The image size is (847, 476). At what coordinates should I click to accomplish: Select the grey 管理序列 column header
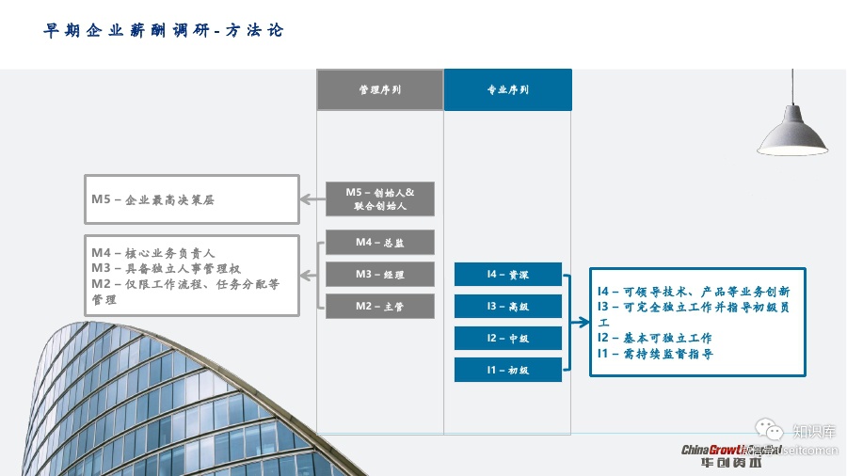point(379,90)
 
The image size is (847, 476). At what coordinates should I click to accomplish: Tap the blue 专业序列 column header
point(507,90)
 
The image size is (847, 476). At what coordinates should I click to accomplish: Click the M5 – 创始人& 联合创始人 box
point(379,198)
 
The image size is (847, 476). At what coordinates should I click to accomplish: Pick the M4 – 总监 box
point(379,243)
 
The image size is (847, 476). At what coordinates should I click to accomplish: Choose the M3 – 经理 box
point(379,275)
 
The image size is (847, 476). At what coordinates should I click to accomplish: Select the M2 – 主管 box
point(379,307)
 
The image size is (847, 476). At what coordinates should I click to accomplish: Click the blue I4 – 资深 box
point(507,275)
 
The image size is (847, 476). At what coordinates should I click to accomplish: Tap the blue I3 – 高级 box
point(507,307)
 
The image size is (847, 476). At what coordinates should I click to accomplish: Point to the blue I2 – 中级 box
point(507,339)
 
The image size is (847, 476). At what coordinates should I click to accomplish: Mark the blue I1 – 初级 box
point(507,371)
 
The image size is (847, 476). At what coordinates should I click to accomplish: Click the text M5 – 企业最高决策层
point(160,199)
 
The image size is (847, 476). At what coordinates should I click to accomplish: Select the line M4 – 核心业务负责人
point(153,253)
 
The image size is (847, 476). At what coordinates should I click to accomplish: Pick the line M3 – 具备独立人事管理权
point(167,269)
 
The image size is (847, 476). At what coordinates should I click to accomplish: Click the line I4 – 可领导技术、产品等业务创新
point(694,292)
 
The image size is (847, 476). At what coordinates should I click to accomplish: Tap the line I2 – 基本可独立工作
point(655,338)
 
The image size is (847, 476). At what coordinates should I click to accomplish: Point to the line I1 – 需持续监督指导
point(655,354)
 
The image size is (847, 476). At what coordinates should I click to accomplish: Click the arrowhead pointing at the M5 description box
point(305,199)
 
